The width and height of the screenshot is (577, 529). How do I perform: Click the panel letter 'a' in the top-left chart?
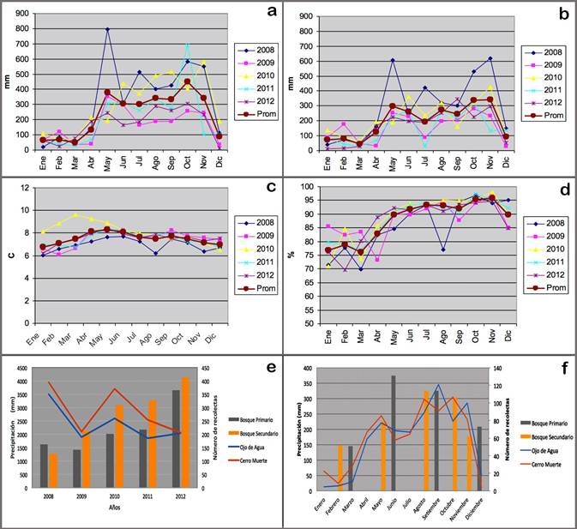[x=272, y=11]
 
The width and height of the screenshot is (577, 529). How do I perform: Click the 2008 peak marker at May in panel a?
[x=107, y=30]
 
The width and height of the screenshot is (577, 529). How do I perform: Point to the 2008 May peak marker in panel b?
[x=392, y=60]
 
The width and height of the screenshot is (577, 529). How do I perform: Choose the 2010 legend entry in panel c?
[x=259, y=229]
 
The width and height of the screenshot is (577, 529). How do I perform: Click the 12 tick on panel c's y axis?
[x=26, y=188]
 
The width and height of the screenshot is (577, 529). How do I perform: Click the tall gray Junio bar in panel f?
[x=394, y=433]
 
